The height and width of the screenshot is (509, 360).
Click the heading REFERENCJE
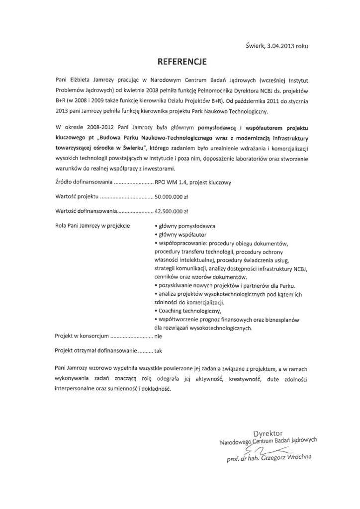pos(180,63)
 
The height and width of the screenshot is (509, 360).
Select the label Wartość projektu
pos(74,196)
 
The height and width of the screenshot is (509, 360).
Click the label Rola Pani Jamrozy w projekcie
pos(92,226)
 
